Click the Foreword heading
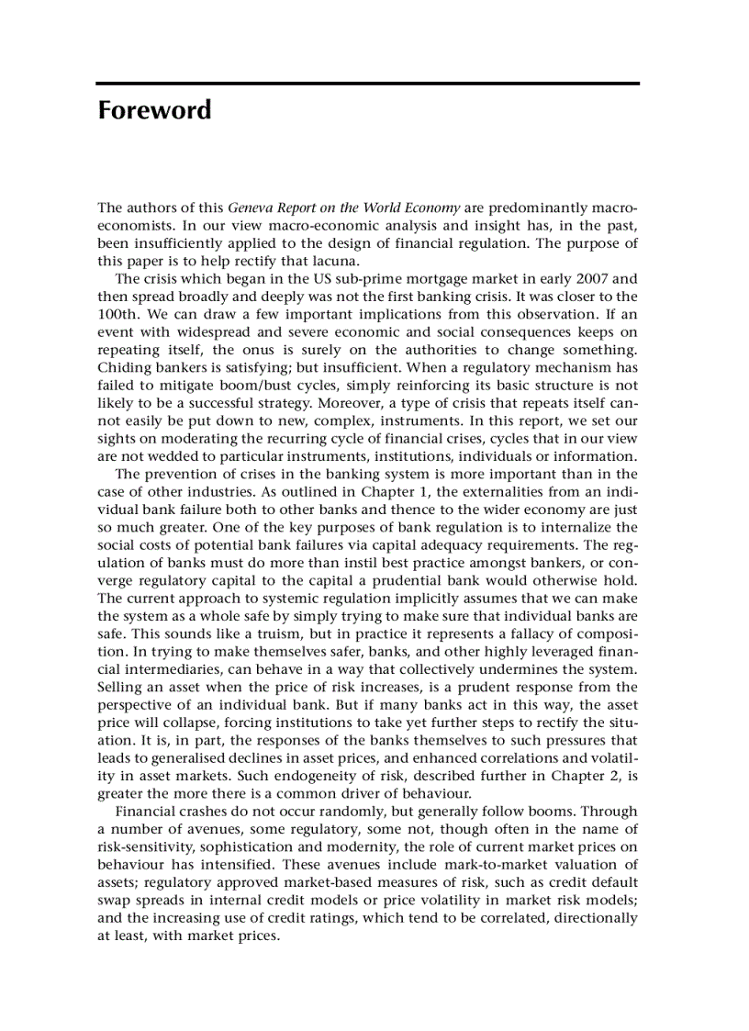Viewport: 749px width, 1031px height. click(x=154, y=111)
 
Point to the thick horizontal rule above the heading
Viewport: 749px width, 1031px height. click(x=368, y=84)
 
